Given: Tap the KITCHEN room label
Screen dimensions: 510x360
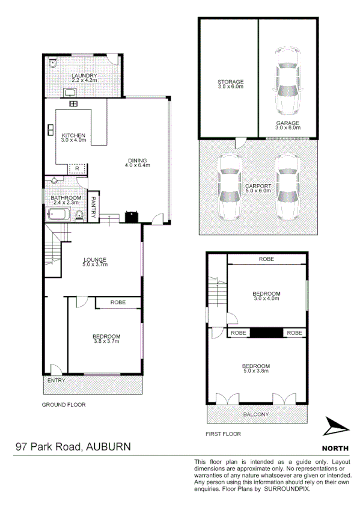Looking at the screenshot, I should [73, 135].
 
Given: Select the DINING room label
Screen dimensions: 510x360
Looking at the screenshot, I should [136, 160].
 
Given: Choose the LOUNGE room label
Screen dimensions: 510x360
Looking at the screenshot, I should [94, 260].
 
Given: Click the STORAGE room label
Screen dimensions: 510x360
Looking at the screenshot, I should [230, 82].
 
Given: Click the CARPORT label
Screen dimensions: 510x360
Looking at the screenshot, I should [257, 186].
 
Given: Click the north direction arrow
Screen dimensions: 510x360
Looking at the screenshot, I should [335, 427].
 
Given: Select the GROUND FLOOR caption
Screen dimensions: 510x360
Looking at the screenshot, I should [63, 405].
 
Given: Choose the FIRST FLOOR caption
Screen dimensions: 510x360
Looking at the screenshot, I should [223, 434].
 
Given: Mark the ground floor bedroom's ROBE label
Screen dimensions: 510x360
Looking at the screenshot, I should [117, 303].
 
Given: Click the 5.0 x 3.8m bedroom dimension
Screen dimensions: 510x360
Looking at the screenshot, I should [255, 372].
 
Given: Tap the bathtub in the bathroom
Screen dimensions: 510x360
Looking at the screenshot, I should [57, 214].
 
